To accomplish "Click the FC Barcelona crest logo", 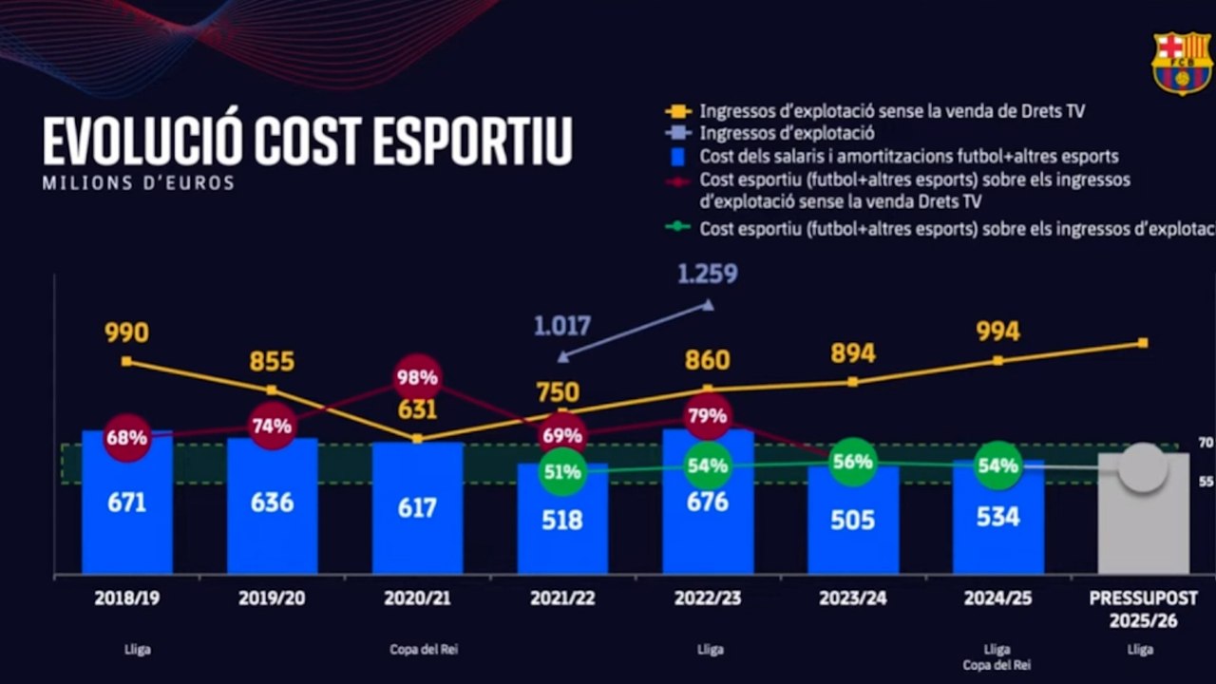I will click(1181, 63).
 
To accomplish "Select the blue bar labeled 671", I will click(127, 513).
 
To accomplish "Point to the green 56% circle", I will click(852, 463).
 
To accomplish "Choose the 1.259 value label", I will click(707, 275).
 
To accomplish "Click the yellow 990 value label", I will click(126, 333).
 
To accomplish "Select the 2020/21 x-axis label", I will click(417, 599).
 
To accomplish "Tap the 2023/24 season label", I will click(852, 599).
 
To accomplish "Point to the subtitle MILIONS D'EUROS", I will click(139, 183).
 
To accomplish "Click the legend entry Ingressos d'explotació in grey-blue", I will click(787, 134).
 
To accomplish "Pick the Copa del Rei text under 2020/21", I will click(417, 650).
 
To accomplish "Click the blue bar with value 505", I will click(852, 527).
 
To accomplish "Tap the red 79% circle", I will click(707, 416).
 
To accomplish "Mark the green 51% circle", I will click(562, 472).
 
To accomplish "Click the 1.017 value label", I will click(561, 326).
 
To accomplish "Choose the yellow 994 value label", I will click(997, 332).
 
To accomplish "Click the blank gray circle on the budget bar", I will click(1142, 468).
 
